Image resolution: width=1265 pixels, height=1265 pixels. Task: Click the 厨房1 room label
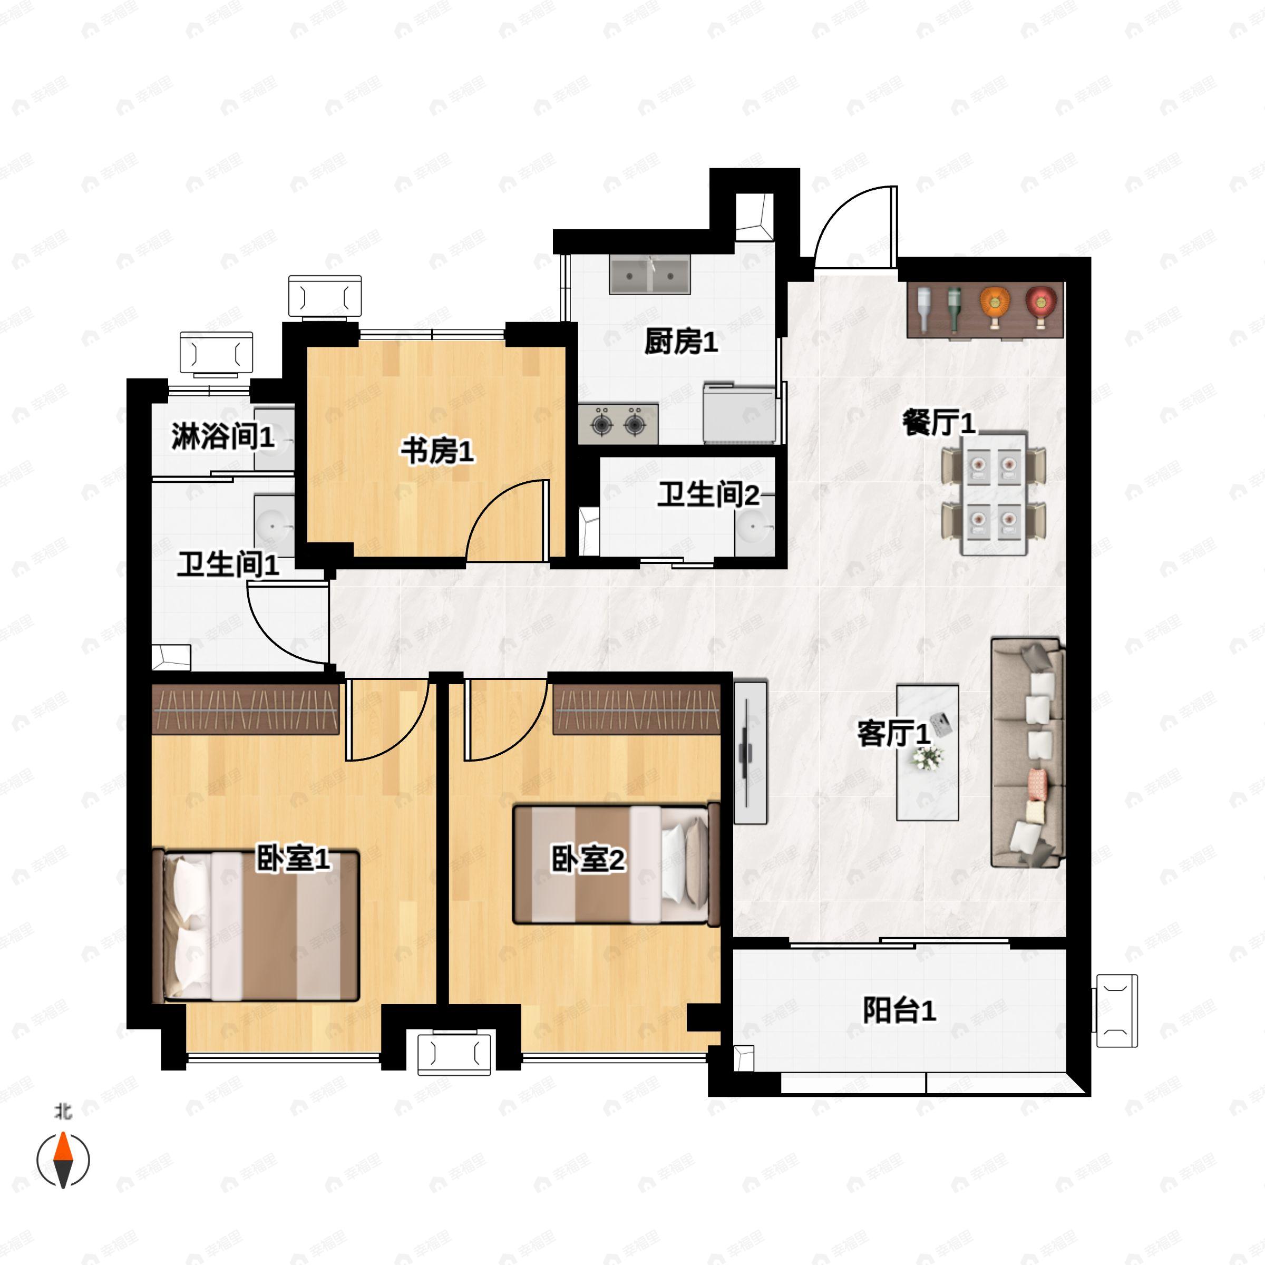click(x=681, y=341)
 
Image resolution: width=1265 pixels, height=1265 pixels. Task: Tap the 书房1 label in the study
click(x=437, y=451)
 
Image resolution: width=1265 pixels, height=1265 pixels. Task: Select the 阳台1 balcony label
click(x=899, y=1010)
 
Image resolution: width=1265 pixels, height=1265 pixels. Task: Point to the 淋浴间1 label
click(x=222, y=436)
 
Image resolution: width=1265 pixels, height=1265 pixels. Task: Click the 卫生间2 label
click(x=708, y=495)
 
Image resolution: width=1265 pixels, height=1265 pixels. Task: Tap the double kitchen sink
click(x=649, y=275)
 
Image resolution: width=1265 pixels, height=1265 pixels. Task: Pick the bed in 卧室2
click(x=616, y=864)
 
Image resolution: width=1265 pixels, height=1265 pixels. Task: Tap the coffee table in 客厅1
click(x=928, y=753)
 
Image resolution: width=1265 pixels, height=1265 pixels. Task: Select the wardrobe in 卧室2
click(x=636, y=709)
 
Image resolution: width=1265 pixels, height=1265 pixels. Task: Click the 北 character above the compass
click(x=63, y=1111)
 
